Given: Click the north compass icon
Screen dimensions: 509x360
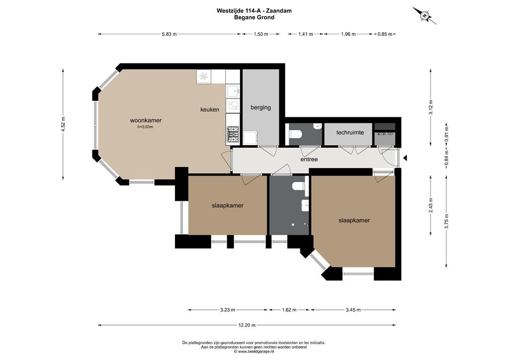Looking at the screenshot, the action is click(x=424, y=15).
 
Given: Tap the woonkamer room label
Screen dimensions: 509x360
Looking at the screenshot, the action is click(x=146, y=120).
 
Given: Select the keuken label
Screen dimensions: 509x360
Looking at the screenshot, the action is click(x=210, y=110).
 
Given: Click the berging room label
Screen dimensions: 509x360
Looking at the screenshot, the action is click(x=260, y=107).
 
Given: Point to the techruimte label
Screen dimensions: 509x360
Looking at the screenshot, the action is click(x=350, y=132).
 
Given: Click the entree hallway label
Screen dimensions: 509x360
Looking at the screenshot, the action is click(x=309, y=160).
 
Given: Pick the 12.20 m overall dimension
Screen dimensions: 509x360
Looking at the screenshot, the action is click(x=247, y=325).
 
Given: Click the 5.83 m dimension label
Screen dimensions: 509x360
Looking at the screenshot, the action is click(x=170, y=34).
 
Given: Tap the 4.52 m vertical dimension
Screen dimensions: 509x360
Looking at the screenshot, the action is click(x=63, y=124).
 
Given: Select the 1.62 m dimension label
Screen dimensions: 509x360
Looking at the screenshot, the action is click(x=289, y=310).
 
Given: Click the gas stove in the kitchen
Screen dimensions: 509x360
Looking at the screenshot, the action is click(x=233, y=135).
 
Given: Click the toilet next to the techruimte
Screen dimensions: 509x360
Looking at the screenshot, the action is click(x=296, y=134).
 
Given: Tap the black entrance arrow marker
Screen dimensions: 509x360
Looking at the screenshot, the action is click(x=405, y=158).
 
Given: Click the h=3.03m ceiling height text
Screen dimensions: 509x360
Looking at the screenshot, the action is click(x=145, y=127).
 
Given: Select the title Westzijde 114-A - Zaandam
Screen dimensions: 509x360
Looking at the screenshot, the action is click(x=254, y=10).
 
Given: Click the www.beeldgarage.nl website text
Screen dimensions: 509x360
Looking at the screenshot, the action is click(x=254, y=351).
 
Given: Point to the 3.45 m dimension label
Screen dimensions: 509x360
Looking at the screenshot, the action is click(x=353, y=310).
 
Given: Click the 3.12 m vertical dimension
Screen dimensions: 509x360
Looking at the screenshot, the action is click(x=431, y=107).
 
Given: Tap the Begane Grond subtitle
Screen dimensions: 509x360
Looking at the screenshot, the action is click(x=254, y=17).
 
